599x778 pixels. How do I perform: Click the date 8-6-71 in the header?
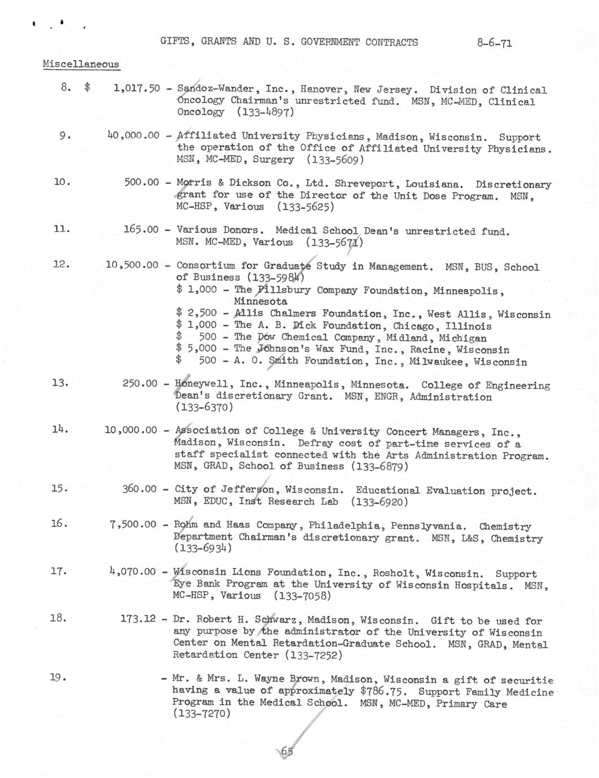(x=494, y=43)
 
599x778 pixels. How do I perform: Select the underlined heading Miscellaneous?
(x=81, y=64)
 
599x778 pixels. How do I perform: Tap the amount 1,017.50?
(x=136, y=89)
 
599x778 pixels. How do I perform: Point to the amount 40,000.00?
(x=133, y=135)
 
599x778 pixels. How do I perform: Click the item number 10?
(x=61, y=182)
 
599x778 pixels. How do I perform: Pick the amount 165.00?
(x=141, y=229)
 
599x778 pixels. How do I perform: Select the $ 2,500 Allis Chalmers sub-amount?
(x=196, y=313)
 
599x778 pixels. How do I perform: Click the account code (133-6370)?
(x=204, y=407)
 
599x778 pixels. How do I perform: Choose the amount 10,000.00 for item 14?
(x=131, y=430)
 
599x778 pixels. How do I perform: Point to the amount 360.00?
(x=139, y=489)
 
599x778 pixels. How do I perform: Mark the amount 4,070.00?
(x=133, y=572)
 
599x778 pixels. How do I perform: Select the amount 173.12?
(x=138, y=619)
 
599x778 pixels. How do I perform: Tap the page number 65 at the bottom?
(x=287, y=752)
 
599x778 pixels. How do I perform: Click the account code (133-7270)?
(x=201, y=714)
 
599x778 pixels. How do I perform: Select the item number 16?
(x=59, y=524)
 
